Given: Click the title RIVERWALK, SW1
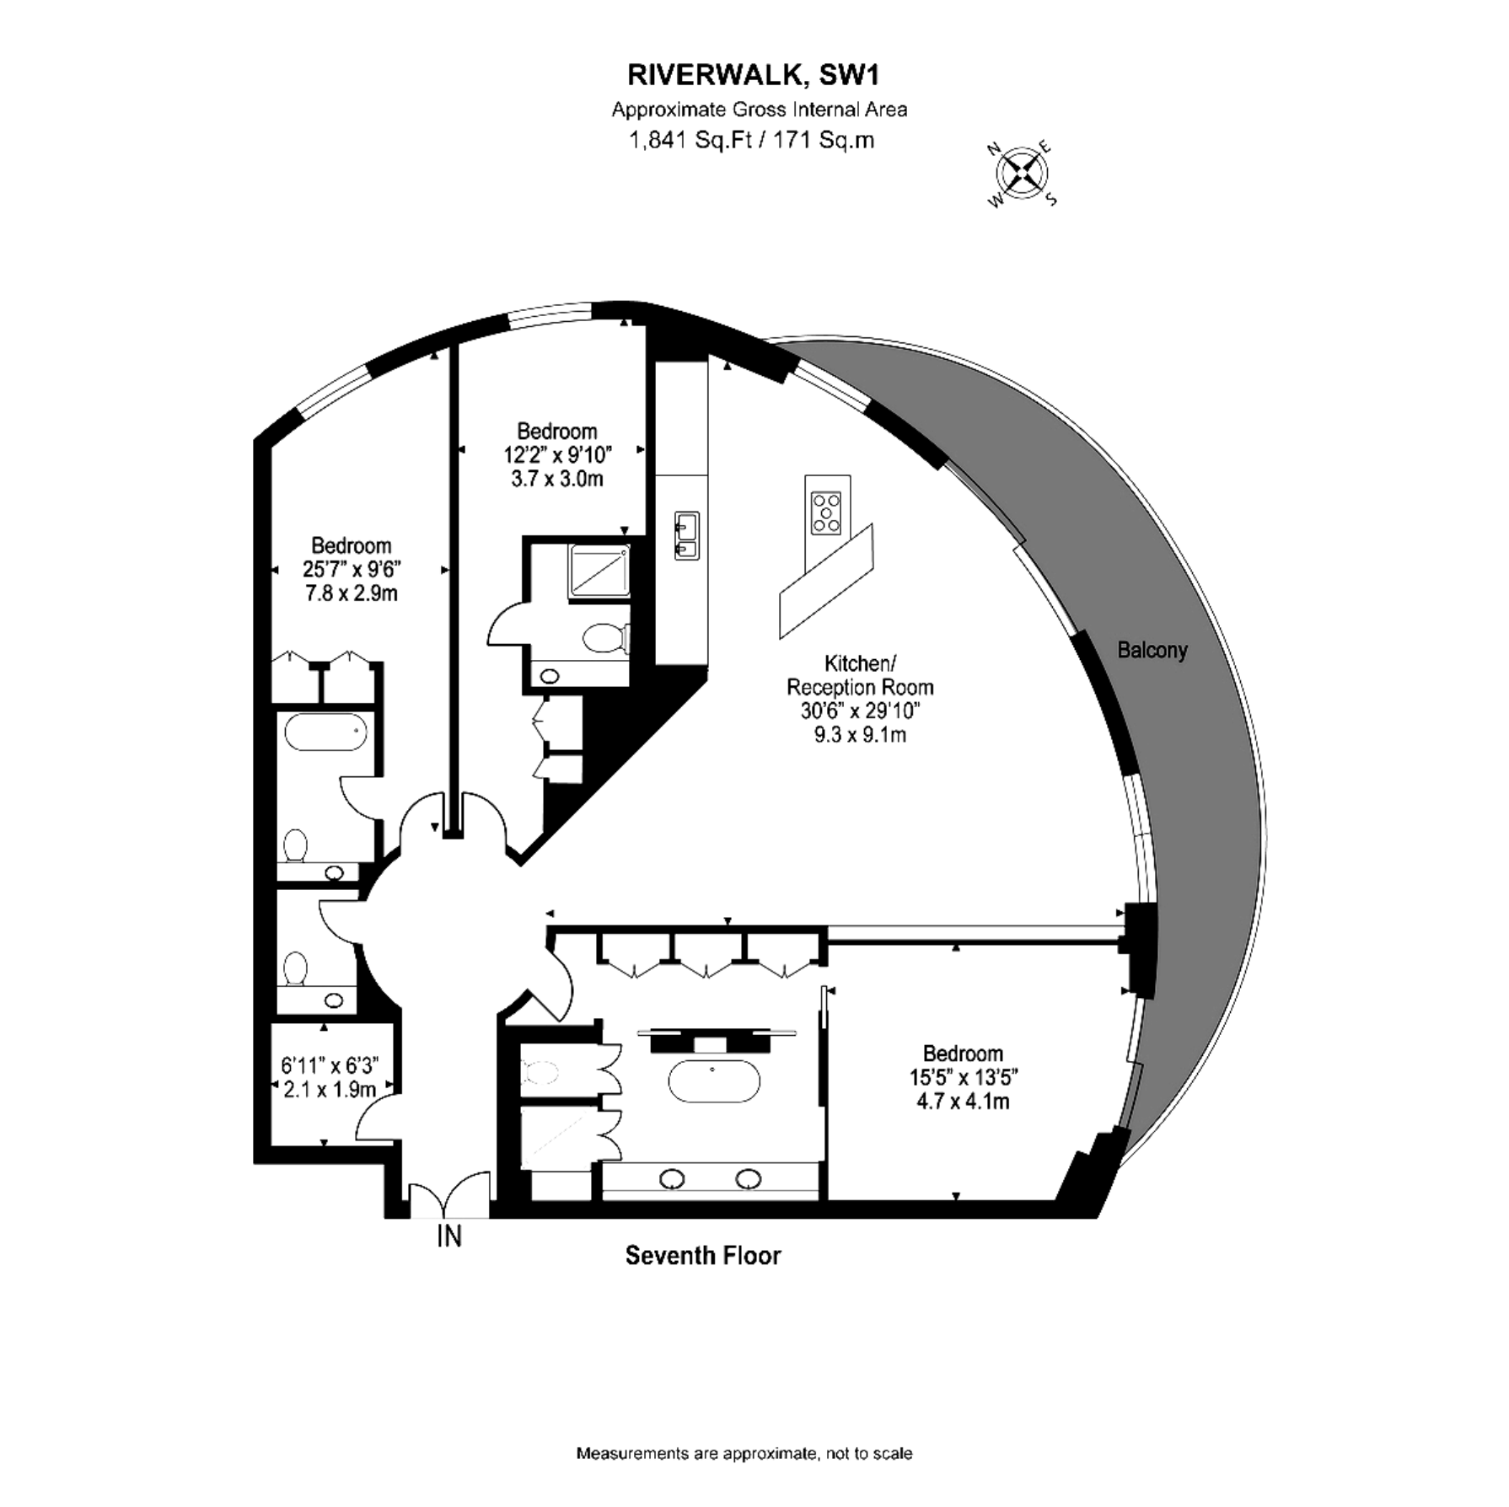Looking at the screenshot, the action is [x=754, y=75].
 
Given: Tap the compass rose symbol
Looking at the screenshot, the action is [x=1023, y=174].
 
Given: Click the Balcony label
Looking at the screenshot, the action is [x=1152, y=650].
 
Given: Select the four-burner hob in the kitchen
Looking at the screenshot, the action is [x=826, y=512].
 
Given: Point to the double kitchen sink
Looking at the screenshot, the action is [x=686, y=535].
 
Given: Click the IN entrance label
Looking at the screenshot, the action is [x=449, y=1236].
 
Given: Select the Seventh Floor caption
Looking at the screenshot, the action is [x=703, y=1256].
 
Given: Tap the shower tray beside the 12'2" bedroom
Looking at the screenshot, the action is [x=599, y=571].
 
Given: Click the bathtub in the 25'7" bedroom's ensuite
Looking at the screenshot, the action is [x=325, y=732].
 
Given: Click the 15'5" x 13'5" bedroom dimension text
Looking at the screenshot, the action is [x=963, y=1077].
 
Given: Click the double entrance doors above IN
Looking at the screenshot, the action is [x=449, y=1196].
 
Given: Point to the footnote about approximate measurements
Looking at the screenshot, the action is [x=744, y=1453].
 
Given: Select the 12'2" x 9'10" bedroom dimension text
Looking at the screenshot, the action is [x=557, y=455].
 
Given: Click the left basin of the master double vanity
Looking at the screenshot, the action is [x=672, y=1178].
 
